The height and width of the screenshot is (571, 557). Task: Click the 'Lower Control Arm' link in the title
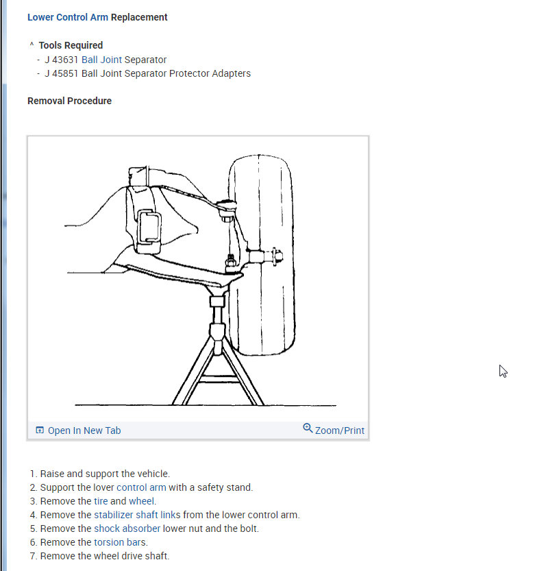click(x=67, y=17)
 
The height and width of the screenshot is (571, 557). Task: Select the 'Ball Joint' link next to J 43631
click(x=101, y=60)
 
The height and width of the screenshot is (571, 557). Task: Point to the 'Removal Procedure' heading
click(x=69, y=101)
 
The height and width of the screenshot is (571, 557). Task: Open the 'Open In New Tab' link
click(x=84, y=430)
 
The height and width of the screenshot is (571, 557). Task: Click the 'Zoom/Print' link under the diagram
click(x=339, y=430)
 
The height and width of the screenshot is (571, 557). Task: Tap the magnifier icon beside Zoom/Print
click(x=308, y=428)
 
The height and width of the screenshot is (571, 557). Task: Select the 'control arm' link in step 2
click(x=141, y=487)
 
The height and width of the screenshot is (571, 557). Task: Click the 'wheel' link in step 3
click(x=142, y=501)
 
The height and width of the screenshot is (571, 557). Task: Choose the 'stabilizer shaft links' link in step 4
click(x=137, y=515)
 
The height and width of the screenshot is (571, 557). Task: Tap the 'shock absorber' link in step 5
click(x=127, y=529)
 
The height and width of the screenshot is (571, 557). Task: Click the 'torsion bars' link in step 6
click(x=121, y=542)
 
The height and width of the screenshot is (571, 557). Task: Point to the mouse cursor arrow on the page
click(x=502, y=370)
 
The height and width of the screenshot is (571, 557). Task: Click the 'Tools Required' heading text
click(x=71, y=45)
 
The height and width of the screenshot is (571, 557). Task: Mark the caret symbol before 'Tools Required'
click(x=32, y=45)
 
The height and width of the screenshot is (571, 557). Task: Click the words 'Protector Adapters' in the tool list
click(x=210, y=73)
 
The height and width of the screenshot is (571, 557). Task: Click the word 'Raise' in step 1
click(x=52, y=474)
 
